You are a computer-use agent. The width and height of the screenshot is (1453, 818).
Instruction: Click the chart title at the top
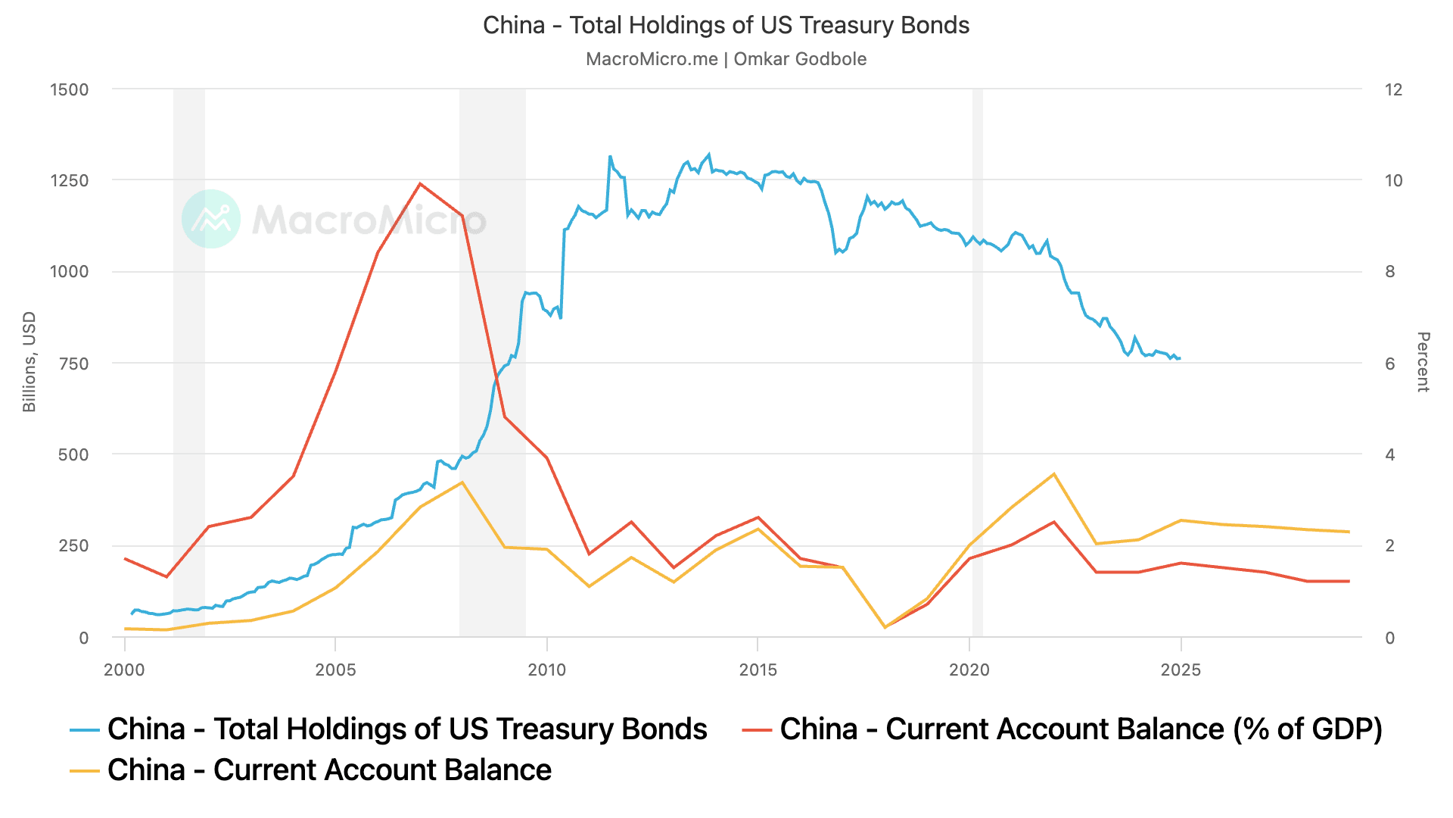coord(726,26)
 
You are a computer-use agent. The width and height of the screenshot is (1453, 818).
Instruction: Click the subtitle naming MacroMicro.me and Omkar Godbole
coord(726,59)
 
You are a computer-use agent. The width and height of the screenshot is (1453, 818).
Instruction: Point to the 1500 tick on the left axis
coord(69,89)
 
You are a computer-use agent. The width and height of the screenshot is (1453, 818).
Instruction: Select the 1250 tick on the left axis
coord(69,181)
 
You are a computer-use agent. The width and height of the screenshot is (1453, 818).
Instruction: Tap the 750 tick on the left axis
coord(73,364)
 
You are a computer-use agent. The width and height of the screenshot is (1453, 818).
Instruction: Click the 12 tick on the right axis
coord(1393,89)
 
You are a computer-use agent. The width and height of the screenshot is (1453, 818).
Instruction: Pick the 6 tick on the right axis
coord(1389,364)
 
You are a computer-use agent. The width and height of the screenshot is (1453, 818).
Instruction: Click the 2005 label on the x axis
coord(335,670)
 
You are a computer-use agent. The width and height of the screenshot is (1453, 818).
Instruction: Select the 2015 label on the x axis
coord(758,670)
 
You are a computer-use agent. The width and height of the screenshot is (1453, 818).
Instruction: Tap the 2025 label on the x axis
coord(1180,670)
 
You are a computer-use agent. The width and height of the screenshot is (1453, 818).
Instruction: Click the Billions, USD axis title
coord(30,362)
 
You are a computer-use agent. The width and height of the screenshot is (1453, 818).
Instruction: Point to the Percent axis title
coord(1423,362)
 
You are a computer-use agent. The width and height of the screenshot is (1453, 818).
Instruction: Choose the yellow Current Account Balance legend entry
coord(328,770)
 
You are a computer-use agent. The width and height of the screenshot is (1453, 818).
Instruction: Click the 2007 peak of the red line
coord(420,183)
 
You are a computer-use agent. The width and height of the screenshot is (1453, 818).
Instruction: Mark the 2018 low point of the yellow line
coord(885,627)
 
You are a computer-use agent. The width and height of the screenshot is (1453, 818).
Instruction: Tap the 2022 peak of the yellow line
coord(1053,474)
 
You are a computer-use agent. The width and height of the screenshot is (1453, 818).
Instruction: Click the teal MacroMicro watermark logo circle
coord(211,219)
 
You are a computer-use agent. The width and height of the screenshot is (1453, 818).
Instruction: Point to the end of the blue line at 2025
coord(1180,358)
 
